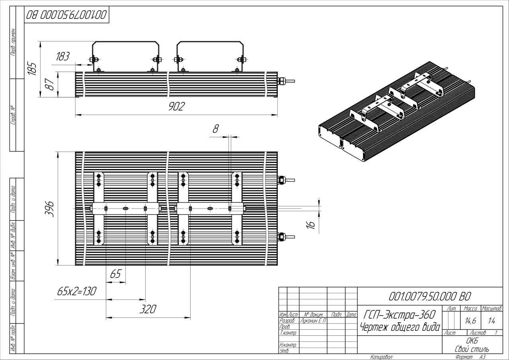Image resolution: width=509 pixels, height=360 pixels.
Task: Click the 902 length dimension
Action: point(176,107)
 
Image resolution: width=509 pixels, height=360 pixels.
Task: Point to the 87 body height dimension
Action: point(50,84)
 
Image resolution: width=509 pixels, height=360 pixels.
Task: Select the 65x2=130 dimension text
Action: point(76,291)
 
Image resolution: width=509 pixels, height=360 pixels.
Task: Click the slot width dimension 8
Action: point(216,129)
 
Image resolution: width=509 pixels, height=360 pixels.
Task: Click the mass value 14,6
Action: point(470,319)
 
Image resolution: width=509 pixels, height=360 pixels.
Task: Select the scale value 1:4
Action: point(491,319)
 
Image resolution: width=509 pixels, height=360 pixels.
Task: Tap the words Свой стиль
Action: point(472,349)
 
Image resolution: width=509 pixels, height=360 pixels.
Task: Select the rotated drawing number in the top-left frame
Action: point(66,16)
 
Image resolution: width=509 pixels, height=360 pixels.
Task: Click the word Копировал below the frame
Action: point(381,357)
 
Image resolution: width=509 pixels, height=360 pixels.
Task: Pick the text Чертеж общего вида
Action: point(400,327)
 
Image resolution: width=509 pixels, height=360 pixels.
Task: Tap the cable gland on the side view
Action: point(281,81)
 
